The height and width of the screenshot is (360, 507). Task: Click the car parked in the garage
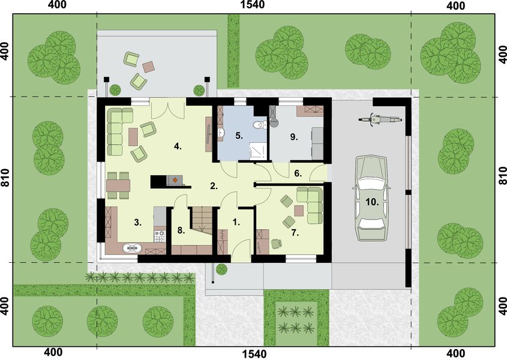coord(372,199)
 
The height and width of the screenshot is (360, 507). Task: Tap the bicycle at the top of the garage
coord(379,119)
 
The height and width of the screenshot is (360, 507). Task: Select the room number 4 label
coord(178,146)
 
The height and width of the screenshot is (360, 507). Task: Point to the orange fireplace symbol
coord(175,179)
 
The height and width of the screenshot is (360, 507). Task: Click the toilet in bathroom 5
coord(258,125)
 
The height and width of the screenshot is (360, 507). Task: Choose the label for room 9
coord(294,137)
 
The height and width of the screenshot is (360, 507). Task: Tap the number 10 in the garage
coord(373,202)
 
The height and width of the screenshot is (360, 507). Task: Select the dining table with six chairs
coord(118,185)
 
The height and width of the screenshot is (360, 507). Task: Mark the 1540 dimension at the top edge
coord(253,6)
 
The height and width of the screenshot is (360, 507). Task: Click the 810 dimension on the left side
coord(6,178)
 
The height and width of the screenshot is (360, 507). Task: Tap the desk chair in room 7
coord(275,243)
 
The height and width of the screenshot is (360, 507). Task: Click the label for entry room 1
coord(236,221)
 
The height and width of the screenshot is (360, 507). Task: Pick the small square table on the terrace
coord(148,65)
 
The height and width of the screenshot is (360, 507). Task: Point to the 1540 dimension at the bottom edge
coord(253,353)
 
